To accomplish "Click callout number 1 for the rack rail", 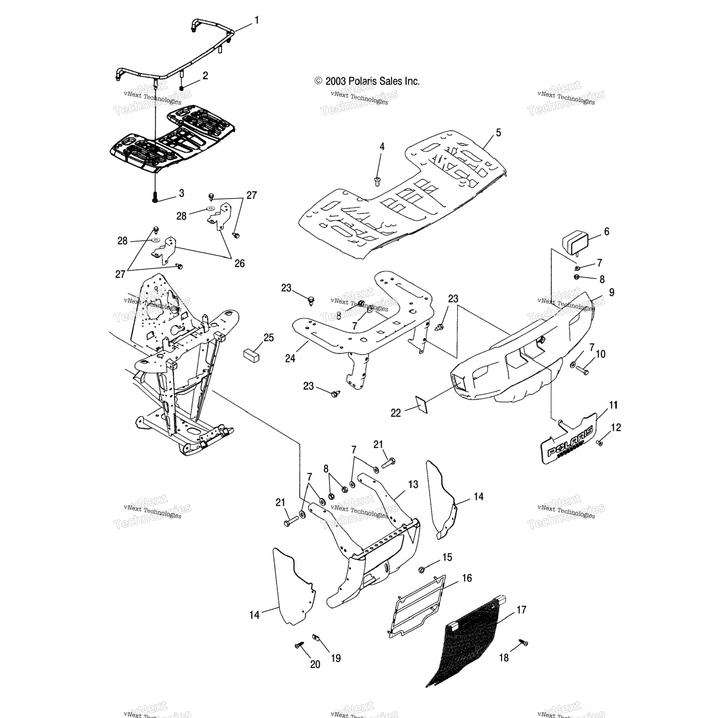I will tap(257, 20).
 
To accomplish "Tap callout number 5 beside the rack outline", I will tap(498, 133).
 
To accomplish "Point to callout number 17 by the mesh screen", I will tap(521, 610).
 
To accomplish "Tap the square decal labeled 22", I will tap(421, 404).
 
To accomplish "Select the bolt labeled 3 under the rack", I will tap(155, 197).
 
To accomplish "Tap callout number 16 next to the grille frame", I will tap(467, 578).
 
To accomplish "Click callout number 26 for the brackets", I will tap(239, 263).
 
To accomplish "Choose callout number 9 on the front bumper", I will tap(611, 292).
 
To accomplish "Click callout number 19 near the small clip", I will tap(336, 658).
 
